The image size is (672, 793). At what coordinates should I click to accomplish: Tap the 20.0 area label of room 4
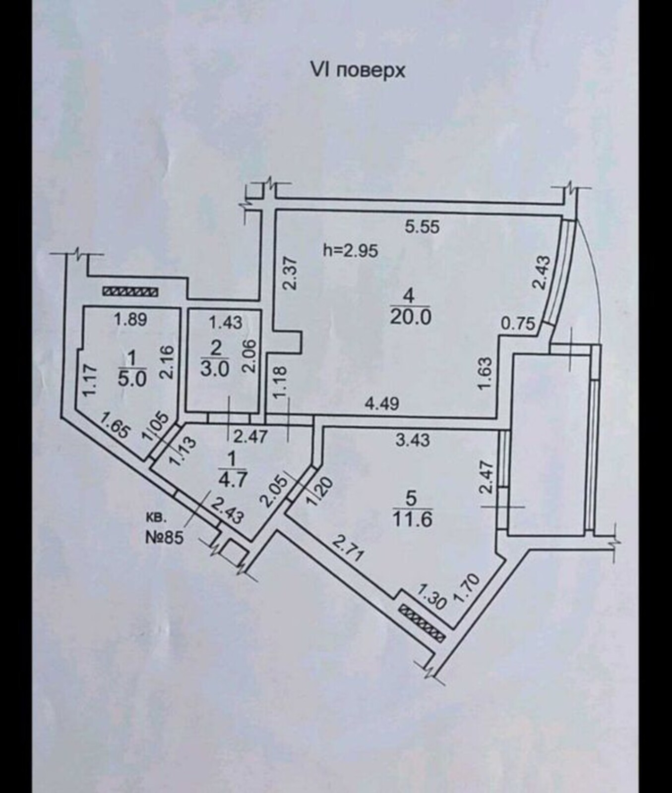411,317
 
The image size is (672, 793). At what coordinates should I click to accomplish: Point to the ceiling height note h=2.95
351,251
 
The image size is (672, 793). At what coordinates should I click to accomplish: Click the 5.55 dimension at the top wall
422,227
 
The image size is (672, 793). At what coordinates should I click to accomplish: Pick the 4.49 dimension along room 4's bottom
381,404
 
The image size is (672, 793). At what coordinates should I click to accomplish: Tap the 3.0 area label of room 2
215,369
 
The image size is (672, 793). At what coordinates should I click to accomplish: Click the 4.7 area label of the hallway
233,480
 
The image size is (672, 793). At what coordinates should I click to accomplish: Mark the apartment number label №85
164,537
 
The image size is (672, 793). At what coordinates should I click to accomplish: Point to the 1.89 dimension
130,320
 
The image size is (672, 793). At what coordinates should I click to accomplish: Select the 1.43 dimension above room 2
226,323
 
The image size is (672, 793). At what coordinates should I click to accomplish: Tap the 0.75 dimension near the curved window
518,324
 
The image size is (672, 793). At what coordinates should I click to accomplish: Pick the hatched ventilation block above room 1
130,292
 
